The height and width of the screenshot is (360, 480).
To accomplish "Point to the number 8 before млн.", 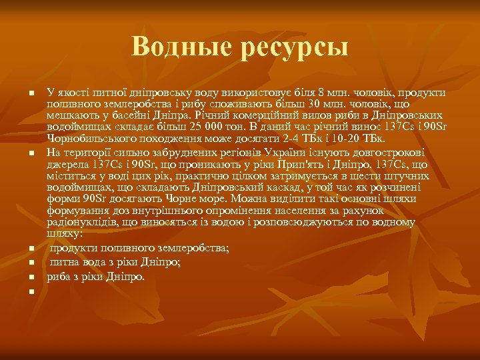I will [323, 93].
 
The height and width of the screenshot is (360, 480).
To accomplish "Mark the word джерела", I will [65, 163].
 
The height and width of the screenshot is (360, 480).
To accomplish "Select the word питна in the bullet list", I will [64, 262].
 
